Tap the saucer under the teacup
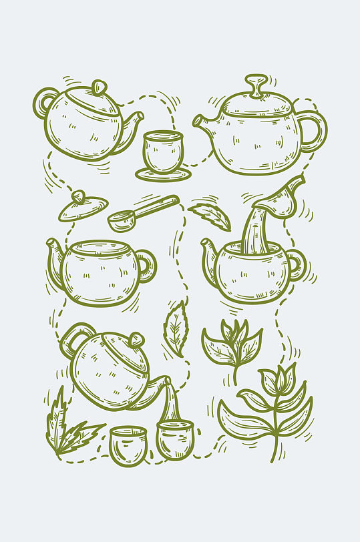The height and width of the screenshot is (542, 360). pos(163,175)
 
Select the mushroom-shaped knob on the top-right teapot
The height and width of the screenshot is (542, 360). pos(256,85)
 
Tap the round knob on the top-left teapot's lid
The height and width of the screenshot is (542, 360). pos(99,87)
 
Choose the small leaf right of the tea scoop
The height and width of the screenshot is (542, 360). pos(210,215)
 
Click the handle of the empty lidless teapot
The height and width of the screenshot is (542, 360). pos(148,266)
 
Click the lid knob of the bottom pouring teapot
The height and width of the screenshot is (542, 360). pos(136,339)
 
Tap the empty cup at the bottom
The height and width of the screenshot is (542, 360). pos(127,445)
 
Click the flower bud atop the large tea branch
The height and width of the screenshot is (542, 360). pos(272,380)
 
